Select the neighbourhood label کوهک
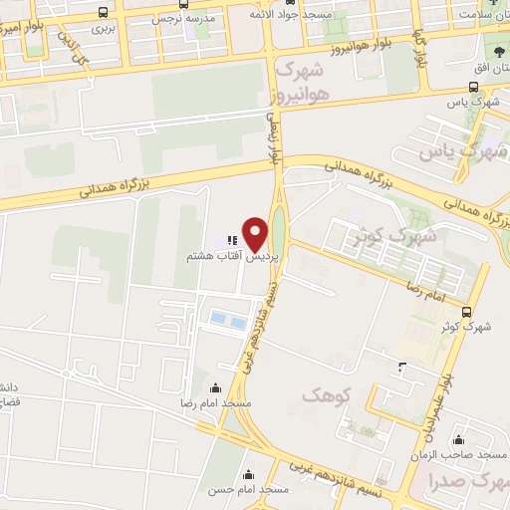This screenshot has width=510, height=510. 328,395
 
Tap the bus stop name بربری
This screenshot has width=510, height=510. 105,29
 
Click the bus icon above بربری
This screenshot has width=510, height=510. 105,13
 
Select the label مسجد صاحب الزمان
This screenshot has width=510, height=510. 459,453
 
